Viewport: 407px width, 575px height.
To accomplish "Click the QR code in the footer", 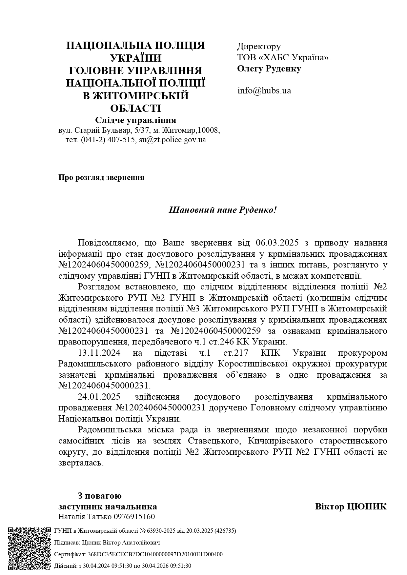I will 29,548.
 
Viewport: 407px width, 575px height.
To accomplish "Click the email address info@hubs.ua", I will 264,90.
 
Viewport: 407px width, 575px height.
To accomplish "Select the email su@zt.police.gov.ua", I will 173,140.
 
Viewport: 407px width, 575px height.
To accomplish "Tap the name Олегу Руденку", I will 269,69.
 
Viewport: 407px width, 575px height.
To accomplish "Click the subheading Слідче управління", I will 135,120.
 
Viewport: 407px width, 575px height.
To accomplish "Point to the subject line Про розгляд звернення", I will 101,178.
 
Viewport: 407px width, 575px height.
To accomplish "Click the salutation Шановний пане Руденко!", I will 223,209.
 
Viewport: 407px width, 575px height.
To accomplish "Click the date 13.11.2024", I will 99,353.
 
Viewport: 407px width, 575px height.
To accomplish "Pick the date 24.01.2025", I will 99,397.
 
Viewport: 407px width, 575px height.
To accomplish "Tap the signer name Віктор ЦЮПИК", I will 351,506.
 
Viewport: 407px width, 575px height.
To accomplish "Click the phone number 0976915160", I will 134,517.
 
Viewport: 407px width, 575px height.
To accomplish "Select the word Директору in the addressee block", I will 259,47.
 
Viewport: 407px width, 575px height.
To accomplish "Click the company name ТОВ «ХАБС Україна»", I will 283,58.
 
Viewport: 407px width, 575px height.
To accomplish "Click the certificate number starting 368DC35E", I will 155,554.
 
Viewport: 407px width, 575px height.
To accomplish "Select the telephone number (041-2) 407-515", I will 108,140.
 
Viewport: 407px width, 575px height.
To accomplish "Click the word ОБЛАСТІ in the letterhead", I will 135,109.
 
